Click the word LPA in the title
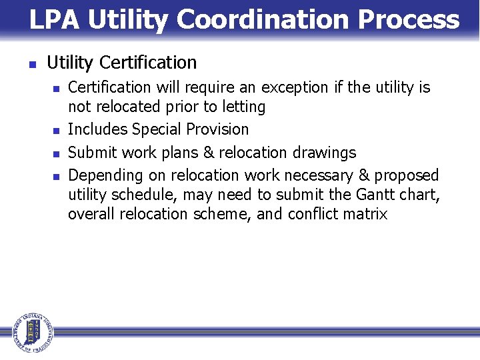[x=55, y=20]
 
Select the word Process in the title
[x=408, y=20]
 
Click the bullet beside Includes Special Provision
[x=56, y=131]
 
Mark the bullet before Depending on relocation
[x=56, y=177]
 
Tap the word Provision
[x=216, y=129]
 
